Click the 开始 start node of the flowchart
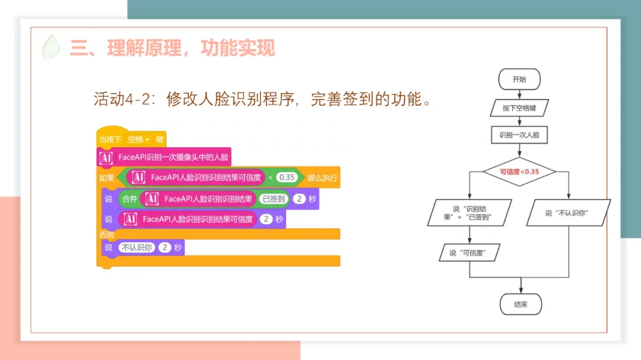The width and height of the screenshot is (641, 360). point(519,79)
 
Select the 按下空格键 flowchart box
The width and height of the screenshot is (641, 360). point(519,108)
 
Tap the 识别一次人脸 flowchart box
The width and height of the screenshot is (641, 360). point(519,135)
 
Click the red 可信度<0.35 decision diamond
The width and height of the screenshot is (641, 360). point(519,172)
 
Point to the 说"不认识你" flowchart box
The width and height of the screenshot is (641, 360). point(568,213)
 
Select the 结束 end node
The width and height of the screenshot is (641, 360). point(520,304)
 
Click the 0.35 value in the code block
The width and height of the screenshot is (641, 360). point(287,177)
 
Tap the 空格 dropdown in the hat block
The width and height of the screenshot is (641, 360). point(139,139)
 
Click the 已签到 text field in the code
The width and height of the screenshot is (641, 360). point(274,199)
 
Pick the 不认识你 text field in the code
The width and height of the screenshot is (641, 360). point(137,247)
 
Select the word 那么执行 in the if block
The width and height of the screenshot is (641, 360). point(323,177)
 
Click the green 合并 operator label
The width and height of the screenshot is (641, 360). point(129,199)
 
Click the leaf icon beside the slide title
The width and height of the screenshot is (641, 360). point(52,47)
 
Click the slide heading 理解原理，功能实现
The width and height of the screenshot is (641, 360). point(191,47)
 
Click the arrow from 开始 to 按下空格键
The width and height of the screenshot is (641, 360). point(519,94)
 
